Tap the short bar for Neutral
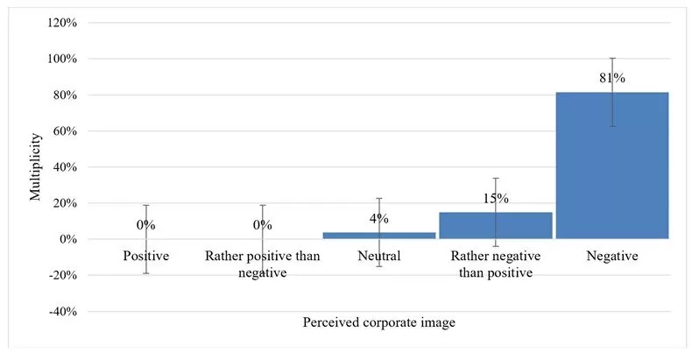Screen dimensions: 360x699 point(379,236)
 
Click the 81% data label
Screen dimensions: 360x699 point(612,78)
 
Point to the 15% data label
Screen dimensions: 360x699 point(496,199)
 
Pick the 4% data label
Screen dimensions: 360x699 point(379,218)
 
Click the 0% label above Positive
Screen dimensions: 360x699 point(145,225)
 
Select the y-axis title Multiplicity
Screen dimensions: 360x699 point(35,166)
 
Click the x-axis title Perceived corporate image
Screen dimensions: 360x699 point(378,322)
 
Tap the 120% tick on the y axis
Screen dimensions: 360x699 point(62,23)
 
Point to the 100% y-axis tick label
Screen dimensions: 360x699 point(62,59)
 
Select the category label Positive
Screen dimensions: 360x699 point(145,257)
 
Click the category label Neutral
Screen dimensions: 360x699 point(379,257)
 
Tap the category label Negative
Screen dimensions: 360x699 point(612,257)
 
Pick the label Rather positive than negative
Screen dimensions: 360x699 point(263,264)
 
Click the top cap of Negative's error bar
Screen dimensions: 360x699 point(612,58)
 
